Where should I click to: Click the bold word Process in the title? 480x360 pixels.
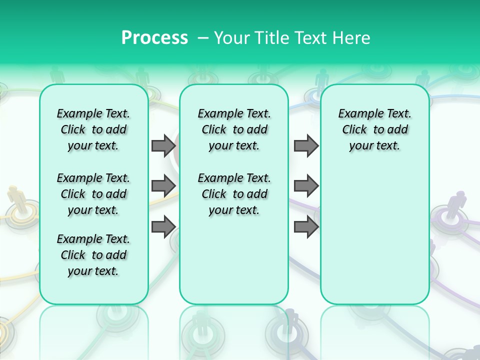pyautogui.click(x=154, y=37)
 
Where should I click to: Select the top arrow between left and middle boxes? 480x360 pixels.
pyautogui.click(x=163, y=145)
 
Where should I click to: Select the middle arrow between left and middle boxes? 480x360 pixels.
pyautogui.click(x=163, y=186)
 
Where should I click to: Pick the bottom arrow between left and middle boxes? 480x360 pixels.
pyautogui.click(x=163, y=226)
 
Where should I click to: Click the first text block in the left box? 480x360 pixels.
pyautogui.click(x=93, y=129)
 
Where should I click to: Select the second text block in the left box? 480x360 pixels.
pyautogui.click(x=93, y=194)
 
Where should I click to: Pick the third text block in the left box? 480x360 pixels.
pyautogui.click(x=93, y=255)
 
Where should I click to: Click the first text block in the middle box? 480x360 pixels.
pyautogui.click(x=234, y=129)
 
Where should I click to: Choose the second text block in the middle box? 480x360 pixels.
pyautogui.click(x=234, y=194)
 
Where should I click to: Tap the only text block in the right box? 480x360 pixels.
pyautogui.click(x=374, y=129)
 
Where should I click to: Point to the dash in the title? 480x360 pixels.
pyautogui.click(x=203, y=38)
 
